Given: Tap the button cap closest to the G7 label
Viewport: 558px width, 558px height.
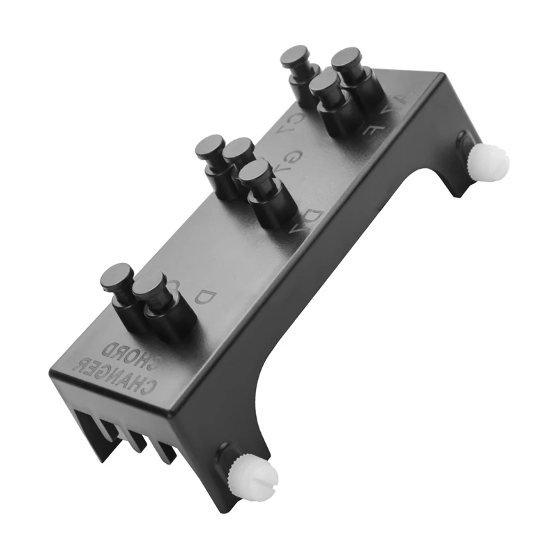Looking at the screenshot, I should (239, 149).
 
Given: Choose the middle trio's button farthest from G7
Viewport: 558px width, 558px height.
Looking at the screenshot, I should (209, 147).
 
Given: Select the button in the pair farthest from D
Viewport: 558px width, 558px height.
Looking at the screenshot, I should (116, 277).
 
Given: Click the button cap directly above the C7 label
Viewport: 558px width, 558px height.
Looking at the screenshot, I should (296, 55).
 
